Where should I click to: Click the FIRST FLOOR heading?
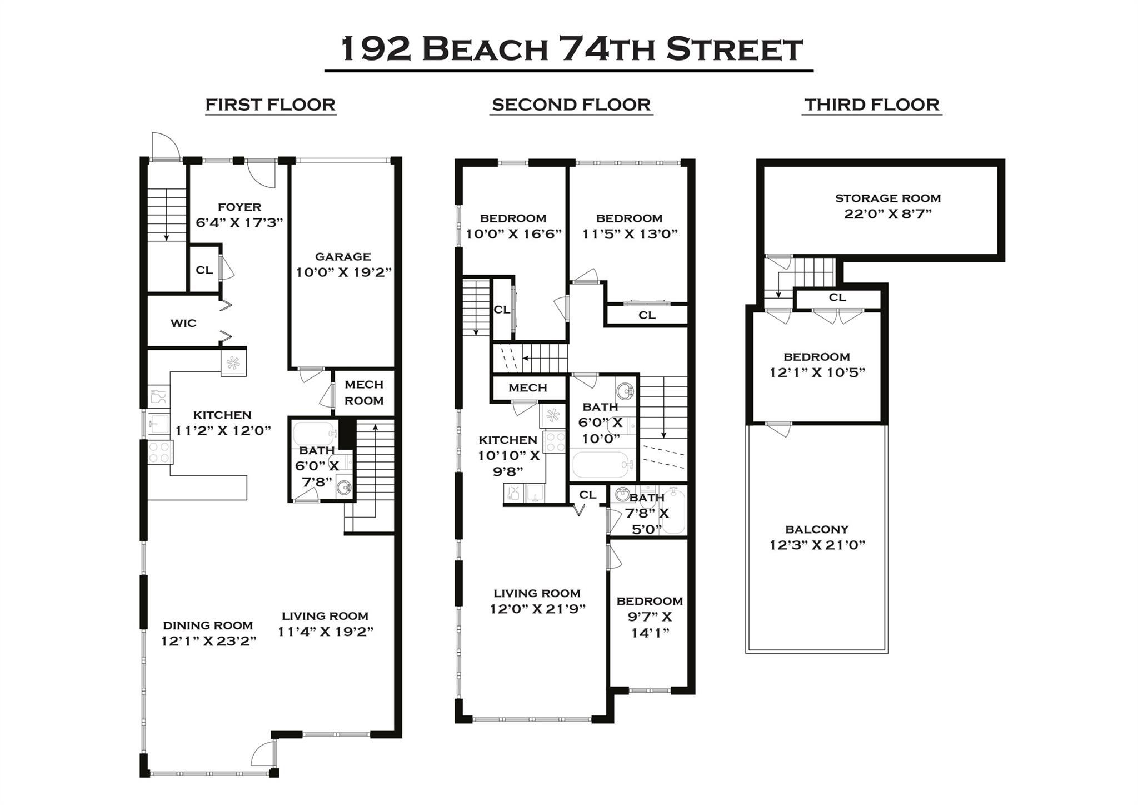tap(270, 105)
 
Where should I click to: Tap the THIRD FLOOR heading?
tap(871, 105)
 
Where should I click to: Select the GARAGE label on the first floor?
tap(343, 257)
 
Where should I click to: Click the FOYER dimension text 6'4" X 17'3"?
tap(239, 223)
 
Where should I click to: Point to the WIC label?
tap(183, 323)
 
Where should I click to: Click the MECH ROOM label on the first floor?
tap(364, 392)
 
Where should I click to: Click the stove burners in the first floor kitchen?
tap(160, 452)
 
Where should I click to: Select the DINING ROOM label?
tap(208, 625)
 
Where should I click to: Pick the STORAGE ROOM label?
tap(887, 198)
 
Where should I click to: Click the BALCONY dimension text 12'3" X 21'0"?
tap(817, 545)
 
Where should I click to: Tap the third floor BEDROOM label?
tap(816, 357)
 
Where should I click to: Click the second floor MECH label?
tap(527, 388)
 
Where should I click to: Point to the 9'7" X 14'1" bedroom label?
tap(650, 617)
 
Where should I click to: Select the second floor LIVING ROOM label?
tap(537, 594)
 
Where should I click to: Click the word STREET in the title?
tap(734, 49)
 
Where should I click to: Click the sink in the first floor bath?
tap(344, 488)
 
